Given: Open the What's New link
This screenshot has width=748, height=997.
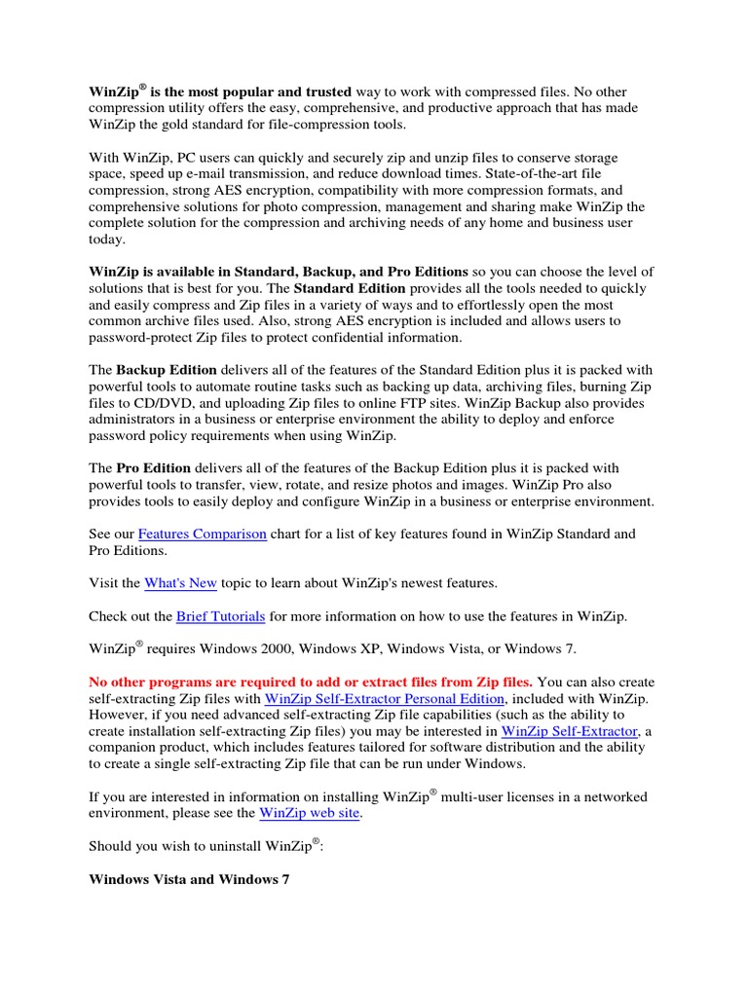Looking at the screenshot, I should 180,583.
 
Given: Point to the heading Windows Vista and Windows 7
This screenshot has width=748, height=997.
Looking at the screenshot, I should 189,879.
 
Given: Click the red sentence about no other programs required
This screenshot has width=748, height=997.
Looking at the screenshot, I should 311,683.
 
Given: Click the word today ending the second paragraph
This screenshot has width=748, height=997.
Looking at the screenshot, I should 106,240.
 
